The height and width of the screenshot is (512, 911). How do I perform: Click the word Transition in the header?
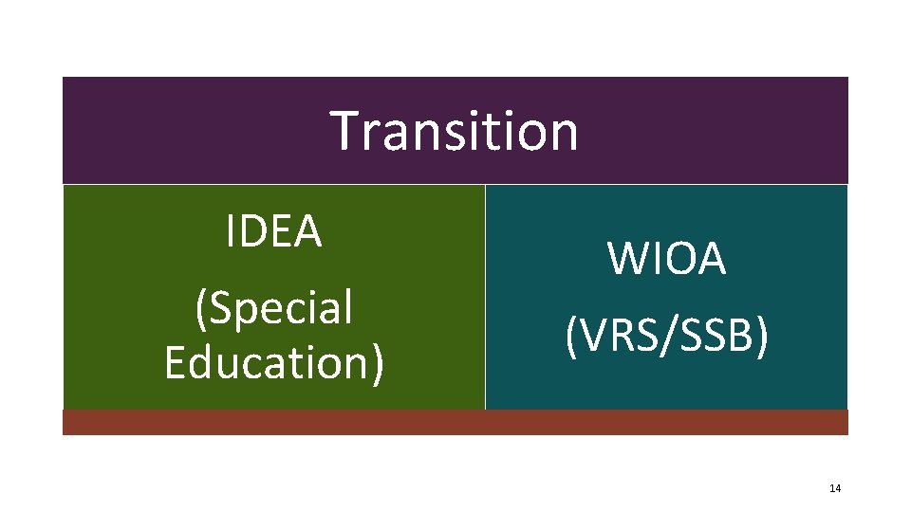[454, 131]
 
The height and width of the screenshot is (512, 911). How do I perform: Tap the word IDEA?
[274, 231]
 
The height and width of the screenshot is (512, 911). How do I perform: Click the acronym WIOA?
[666, 259]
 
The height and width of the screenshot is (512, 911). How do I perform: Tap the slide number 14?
[834, 488]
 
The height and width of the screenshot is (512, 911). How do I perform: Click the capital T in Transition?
[345, 131]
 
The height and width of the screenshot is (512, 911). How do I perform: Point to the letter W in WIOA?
[627, 259]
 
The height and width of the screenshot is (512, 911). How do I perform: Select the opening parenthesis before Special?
[200, 309]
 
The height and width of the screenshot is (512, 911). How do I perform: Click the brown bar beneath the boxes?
[455, 422]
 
